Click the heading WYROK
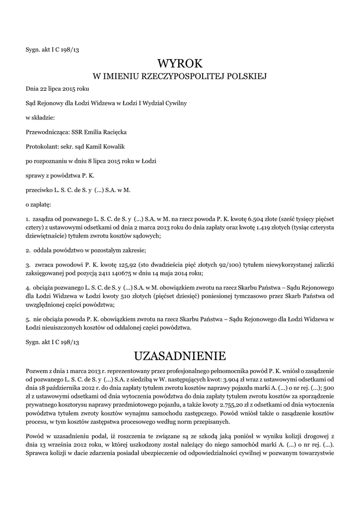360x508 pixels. [x=180, y=63]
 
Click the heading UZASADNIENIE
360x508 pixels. [x=180, y=356]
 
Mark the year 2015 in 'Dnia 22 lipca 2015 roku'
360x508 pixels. [x=70, y=88]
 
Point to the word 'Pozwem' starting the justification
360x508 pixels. [x=37, y=372]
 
